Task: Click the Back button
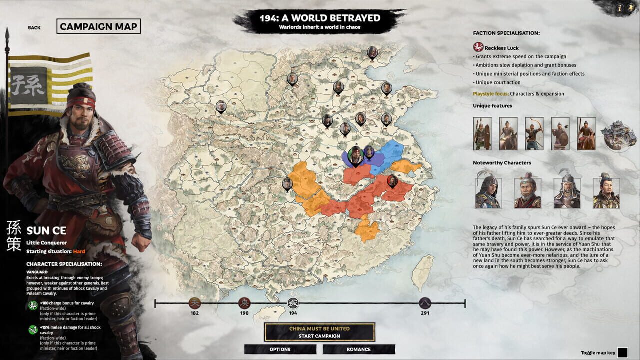[34, 28]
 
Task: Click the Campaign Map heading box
[98, 26]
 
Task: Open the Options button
[280, 349]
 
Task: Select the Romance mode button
[359, 349]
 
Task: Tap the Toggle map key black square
[622, 353]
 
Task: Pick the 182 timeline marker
[195, 303]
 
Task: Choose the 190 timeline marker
[244, 303]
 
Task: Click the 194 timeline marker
[293, 303]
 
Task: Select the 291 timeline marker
[425, 303]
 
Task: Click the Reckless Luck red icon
[478, 47]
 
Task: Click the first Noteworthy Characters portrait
[487, 190]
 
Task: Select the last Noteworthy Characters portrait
[606, 190]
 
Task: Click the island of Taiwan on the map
[423, 272]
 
